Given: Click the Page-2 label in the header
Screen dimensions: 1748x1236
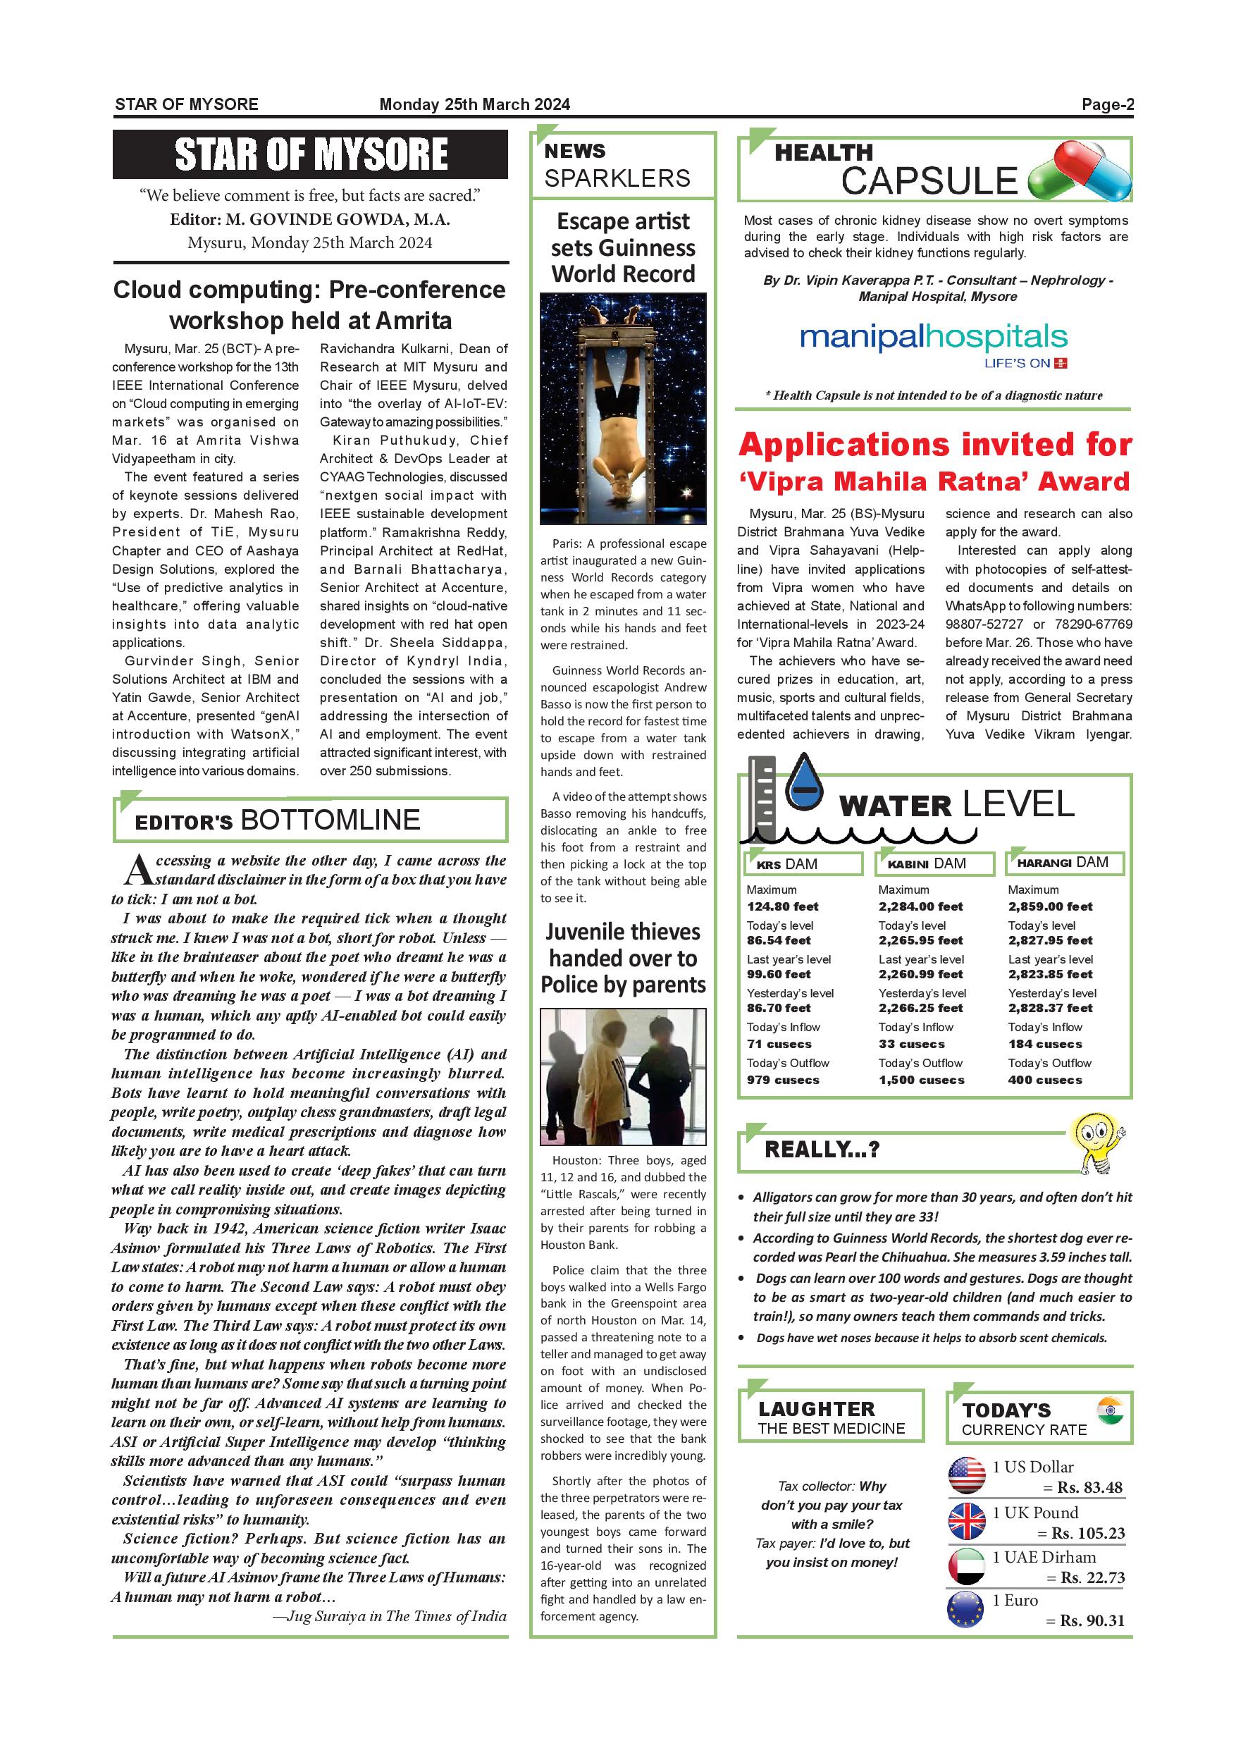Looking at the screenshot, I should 1107,104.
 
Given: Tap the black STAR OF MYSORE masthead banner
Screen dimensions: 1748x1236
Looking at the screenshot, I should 311,154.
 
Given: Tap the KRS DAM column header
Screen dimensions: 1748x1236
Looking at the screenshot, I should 803,864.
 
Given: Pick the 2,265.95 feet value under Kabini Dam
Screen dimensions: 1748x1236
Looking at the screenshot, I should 920,940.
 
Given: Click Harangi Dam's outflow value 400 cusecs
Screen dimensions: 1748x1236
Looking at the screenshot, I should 1044,1080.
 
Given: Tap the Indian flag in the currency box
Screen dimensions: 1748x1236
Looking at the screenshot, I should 1110,1410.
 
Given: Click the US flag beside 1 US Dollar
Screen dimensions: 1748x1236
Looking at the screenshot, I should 967,1475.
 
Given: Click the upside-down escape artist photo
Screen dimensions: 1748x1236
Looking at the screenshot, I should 622,409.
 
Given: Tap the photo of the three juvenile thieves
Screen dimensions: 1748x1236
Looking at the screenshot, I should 622,1076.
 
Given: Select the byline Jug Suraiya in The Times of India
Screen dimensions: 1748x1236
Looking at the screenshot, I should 389,1616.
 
